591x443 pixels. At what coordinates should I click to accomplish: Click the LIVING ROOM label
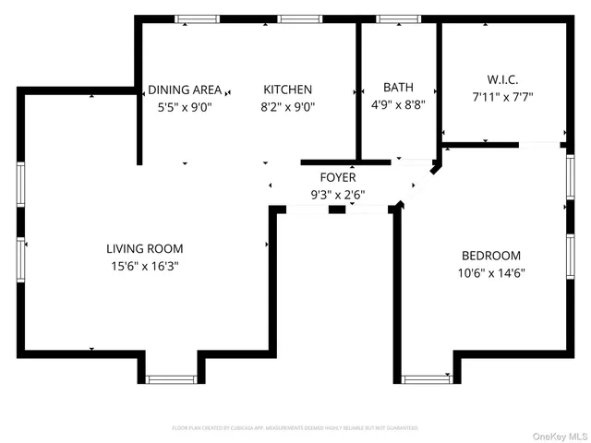point(144,248)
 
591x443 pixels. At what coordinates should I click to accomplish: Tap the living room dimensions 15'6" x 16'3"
point(144,266)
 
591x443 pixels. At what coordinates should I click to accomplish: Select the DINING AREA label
point(185,90)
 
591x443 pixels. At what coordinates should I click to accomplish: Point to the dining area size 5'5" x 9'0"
point(185,106)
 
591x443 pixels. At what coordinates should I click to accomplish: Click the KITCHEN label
point(288,90)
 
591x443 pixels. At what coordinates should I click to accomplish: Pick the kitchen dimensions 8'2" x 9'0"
point(288,106)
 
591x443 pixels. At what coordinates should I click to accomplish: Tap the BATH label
point(398,88)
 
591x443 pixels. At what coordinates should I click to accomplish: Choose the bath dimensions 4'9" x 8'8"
point(398,104)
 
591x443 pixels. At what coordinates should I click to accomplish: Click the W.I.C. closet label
point(501,79)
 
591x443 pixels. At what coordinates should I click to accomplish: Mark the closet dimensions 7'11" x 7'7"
point(501,96)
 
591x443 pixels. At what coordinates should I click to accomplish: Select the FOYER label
point(338,177)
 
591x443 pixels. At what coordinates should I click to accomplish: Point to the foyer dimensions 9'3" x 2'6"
point(338,194)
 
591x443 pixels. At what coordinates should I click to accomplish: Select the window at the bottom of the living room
point(172,378)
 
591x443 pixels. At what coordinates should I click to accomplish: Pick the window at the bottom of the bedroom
point(426,378)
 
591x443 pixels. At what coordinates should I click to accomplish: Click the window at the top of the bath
point(398,18)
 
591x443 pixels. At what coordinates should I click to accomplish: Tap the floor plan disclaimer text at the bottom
point(295,428)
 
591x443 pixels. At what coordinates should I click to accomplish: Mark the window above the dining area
point(198,18)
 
